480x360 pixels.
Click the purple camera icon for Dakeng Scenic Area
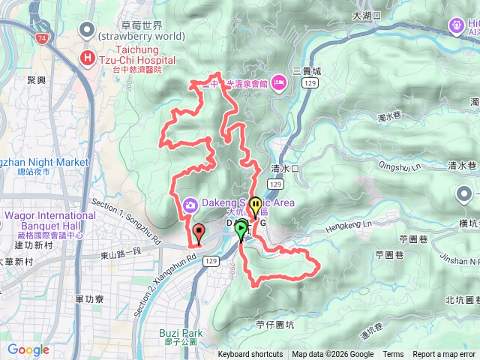(x=190, y=203)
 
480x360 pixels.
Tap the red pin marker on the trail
(x=198, y=232)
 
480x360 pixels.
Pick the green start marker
(x=241, y=229)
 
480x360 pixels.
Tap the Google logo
(x=28, y=349)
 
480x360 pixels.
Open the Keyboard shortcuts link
(x=250, y=355)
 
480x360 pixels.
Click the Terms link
(x=393, y=355)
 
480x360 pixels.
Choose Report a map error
(x=445, y=355)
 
